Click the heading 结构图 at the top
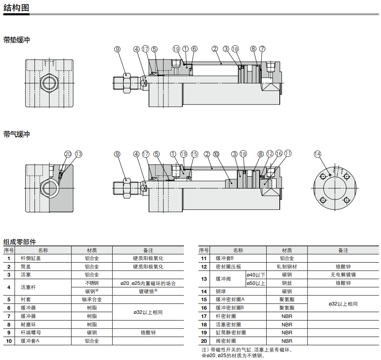[x=16, y=8]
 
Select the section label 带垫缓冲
[x=16, y=40]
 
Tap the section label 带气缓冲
[x=16, y=134]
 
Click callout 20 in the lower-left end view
[x=68, y=154]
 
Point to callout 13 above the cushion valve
[x=79, y=154]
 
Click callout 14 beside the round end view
[x=317, y=154]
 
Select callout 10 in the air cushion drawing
[x=216, y=154]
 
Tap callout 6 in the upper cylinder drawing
[x=194, y=49]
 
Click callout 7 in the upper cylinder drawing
[x=262, y=49]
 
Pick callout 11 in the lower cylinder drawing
[x=288, y=154]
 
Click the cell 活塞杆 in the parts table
[x=28, y=287]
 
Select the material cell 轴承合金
[x=92, y=300]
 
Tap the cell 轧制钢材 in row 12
[x=287, y=266]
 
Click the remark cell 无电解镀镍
[x=343, y=275]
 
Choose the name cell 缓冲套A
[x=30, y=341]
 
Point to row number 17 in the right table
[x=204, y=316]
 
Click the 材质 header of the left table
[x=92, y=250]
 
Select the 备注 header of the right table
[x=343, y=250]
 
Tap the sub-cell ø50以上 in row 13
[x=256, y=283]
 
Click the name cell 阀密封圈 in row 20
[x=226, y=341]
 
